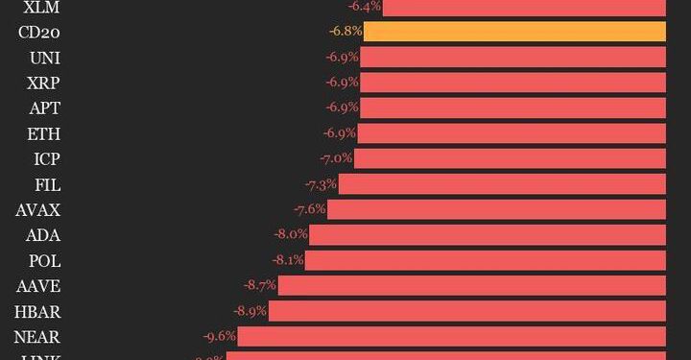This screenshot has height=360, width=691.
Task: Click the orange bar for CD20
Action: (514, 32)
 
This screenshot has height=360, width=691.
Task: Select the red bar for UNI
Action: (512, 57)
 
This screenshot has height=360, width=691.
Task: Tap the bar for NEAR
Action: (451, 336)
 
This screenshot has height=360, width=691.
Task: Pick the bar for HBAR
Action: (466, 311)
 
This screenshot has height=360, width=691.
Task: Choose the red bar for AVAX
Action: (496, 209)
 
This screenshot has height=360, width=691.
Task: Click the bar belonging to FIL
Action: (502, 183)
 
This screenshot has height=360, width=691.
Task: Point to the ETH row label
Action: (45, 132)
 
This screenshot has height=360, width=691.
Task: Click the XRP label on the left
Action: (44, 83)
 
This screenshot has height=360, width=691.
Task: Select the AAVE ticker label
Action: (38, 285)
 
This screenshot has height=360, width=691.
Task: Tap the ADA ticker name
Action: (44, 234)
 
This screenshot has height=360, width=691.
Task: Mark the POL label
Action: (44, 260)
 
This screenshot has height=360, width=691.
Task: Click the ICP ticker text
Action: (46, 158)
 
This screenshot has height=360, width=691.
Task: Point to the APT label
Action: (45, 108)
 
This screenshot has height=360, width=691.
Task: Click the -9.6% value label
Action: (219, 336)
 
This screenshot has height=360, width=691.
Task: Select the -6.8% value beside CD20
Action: (345, 32)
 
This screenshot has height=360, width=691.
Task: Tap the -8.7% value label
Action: (259, 285)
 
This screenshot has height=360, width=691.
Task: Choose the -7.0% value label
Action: (336, 158)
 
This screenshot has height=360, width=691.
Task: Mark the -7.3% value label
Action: (321, 183)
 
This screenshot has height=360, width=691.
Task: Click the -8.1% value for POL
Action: (287, 260)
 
